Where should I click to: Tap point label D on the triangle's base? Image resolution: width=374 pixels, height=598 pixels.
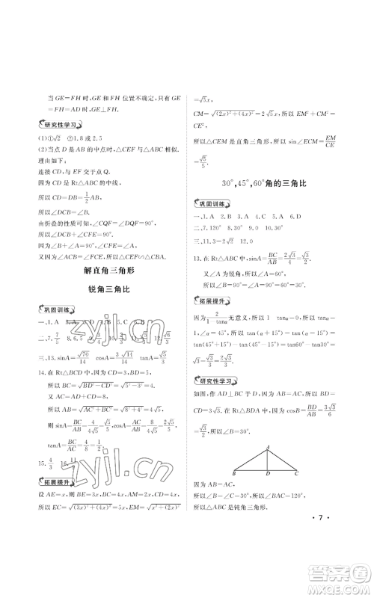click(268, 474)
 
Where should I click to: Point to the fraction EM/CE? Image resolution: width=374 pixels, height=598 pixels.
click(332, 139)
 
